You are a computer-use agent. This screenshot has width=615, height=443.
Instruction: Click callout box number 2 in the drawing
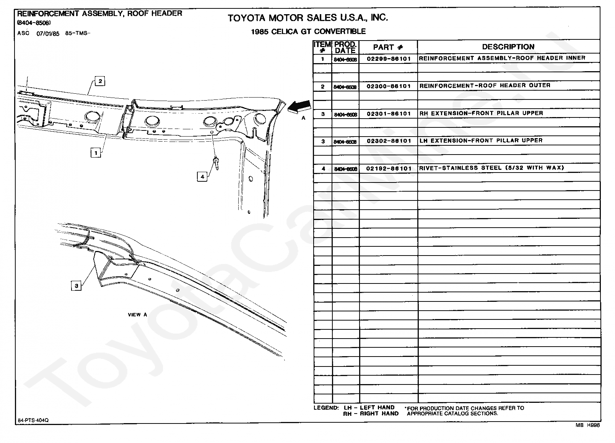(100, 81)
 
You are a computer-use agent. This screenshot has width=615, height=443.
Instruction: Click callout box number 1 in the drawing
(96, 153)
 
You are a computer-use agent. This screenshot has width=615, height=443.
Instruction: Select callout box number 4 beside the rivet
(202, 176)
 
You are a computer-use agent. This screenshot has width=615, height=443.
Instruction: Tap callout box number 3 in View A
(76, 285)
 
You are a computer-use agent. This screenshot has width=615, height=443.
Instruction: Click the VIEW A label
(137, 315)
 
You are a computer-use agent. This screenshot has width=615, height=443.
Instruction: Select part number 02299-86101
(388, 59)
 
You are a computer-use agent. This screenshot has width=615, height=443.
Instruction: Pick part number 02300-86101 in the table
(388, 86)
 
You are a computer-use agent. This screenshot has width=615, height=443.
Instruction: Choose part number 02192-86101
(388, 169)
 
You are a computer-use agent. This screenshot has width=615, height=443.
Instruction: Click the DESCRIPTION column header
(508, 47)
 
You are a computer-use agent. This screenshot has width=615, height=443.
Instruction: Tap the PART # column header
(388, 47)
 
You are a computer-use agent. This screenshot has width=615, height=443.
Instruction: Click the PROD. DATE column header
(345, 47)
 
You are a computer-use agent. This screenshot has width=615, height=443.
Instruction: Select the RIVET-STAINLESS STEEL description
(491, 168)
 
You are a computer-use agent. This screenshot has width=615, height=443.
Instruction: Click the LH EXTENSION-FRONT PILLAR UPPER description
(481, 140)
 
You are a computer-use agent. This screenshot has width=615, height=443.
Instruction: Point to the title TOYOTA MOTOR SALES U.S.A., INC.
(307, 18)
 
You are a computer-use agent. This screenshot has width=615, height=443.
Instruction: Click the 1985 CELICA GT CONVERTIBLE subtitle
(308, 32)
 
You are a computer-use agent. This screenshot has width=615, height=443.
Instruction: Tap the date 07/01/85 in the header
(48, 34)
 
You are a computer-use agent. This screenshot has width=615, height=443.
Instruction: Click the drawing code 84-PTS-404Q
(33, 420)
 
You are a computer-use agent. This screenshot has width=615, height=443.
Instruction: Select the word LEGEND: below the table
(326, 408)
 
